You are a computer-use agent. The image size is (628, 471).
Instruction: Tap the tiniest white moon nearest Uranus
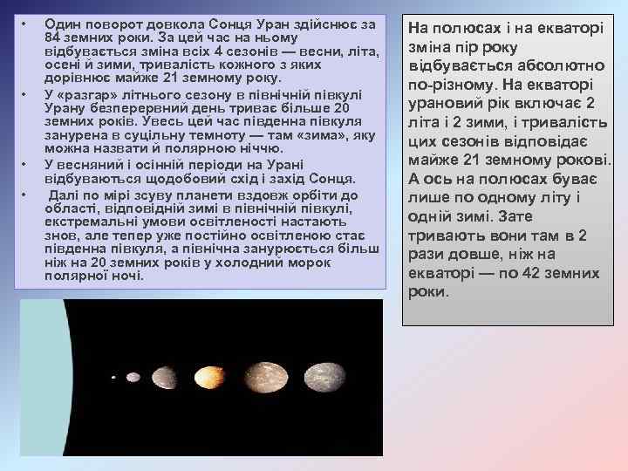pyautogui.click(x=113, y=378)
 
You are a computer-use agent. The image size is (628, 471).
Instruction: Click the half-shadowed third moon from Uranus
pyautogui.click(x=165, y=377)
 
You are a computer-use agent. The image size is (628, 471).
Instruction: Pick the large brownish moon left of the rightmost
pyautogui.click(x=278, y=377)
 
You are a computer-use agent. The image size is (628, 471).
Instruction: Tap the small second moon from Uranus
pyautogui.click(x=133, y=378)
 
